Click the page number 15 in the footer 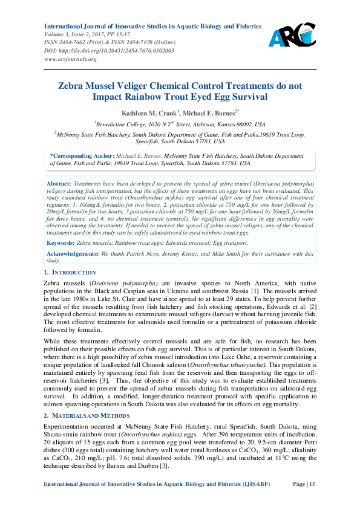coord(312,484)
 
